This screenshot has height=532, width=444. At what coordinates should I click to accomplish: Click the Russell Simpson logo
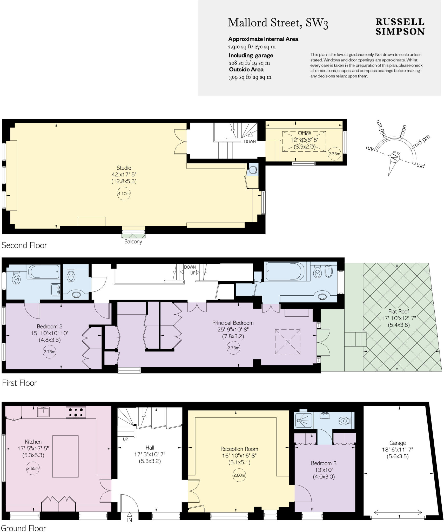coord(400,27)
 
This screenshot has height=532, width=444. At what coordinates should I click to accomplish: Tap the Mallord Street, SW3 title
coord(278,23)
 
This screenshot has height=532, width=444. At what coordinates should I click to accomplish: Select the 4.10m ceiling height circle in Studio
coord(124,194)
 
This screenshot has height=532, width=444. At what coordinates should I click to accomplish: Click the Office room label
coord(304,133)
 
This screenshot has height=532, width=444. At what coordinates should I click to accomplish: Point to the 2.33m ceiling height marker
coord(334,154)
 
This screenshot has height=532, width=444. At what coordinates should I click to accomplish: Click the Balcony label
coord(133,242)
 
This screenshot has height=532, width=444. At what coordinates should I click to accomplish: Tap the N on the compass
coord(394,157)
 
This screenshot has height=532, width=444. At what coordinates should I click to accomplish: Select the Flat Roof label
coord(399,311)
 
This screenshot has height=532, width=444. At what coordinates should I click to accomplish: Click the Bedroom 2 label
coord(49,327)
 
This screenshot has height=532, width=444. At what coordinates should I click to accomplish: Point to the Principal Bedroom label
coord(233,323)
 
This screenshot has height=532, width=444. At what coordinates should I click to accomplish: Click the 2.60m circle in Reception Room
coord(239,475)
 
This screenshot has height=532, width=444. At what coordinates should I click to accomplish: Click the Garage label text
coord(397,443)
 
